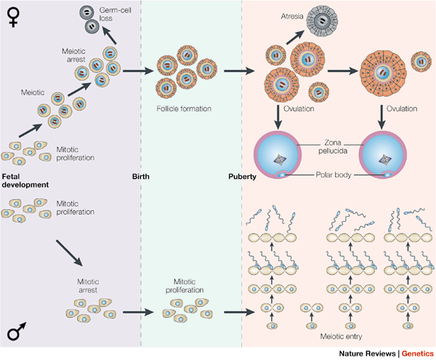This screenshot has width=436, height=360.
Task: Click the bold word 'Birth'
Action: (x=142, y=176)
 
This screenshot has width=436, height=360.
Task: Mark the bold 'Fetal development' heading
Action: (x=25, y=180)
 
